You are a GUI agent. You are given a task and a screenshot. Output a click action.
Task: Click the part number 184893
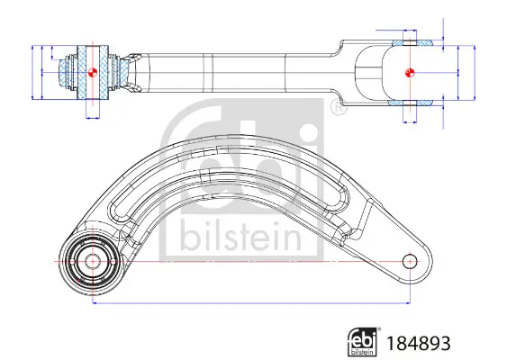point(418,343)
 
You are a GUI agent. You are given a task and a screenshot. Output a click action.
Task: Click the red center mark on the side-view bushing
point(91,71)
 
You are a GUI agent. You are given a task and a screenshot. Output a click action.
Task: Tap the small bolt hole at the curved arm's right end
point(410,261)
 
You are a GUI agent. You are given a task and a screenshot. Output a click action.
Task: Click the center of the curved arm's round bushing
point(91,262)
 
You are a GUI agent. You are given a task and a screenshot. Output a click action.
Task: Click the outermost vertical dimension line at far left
point(33,71)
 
